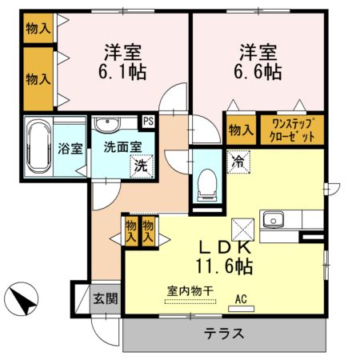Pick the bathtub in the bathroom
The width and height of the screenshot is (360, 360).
coord(37,148)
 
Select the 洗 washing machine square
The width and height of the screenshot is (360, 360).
coord(141,167)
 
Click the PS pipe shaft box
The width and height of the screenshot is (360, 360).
coord(148,122)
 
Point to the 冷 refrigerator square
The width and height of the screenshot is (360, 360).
coord(238,158)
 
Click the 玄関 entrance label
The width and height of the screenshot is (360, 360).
coord(105,299)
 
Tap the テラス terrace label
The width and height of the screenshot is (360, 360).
coord(223,334)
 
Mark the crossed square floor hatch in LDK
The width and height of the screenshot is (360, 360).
coord(242,228)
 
